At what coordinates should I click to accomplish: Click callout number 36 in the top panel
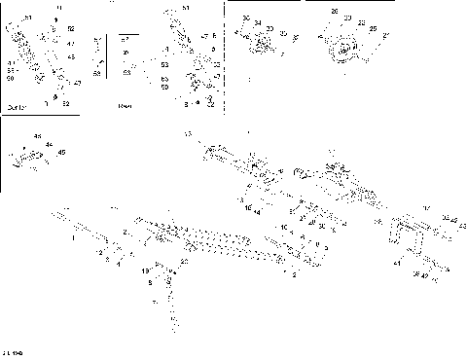click(246, 18)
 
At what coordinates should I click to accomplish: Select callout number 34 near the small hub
click(258, 22)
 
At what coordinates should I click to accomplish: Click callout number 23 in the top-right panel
click(346, 18)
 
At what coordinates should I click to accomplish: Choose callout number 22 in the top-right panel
click(360, 23)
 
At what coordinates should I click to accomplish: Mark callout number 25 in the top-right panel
click(372, 30)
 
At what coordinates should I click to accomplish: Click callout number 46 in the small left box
click(38, 135)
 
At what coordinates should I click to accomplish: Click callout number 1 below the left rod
click(74, 236)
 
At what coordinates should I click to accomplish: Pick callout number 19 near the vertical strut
click(145, 269)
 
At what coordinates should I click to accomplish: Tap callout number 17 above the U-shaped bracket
click(426, 208)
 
